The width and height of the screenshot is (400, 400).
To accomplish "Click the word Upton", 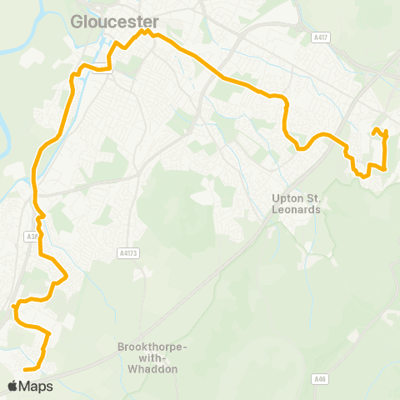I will click(x=288, y=198).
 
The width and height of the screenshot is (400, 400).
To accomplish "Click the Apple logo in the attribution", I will click(x=13, y=386).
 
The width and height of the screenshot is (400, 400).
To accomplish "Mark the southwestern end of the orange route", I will click(x=24, y=368).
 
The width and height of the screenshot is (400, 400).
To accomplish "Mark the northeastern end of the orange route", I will click(x=374, y=131).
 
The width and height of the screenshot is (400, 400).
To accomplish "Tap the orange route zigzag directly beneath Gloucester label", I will click(x=146, y=33).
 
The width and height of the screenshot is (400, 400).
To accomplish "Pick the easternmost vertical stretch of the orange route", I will click(x=386, y=150).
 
